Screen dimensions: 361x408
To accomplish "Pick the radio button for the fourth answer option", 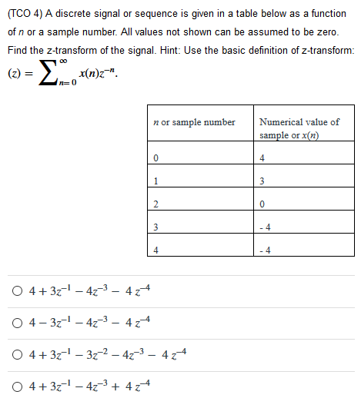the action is point(17,387).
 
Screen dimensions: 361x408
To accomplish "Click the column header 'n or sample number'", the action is point(194,121).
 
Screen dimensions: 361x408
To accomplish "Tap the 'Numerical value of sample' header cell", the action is point(299,128).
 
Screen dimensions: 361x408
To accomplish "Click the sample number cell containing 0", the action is point(156,159).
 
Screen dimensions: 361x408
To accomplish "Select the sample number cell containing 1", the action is point(156,181).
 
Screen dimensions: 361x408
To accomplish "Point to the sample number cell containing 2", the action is point(156,204).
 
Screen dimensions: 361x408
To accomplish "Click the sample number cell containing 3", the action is point(156,226).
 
